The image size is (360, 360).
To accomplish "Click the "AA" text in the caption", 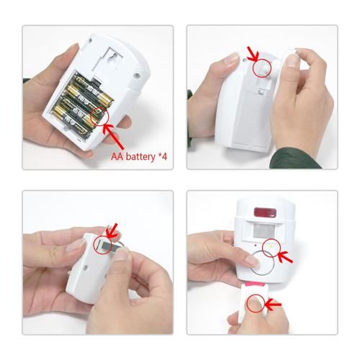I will point(117,156).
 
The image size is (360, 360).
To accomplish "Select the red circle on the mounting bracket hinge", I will point(264,68).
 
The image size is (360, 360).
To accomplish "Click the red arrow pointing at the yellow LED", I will point(283,256).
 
